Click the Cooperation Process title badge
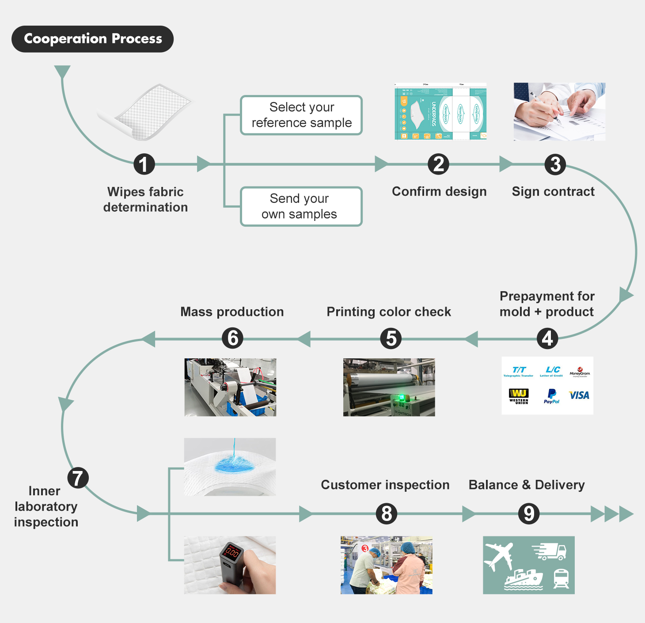pos(92,39)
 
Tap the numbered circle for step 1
pos(144,164)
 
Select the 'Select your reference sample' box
pos(301,115)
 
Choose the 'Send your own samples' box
pos(301,206)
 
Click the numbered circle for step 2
pos(438,164)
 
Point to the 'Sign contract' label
pos(553,191)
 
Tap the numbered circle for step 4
pos(547,339)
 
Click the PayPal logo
pos(551,396)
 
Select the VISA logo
pos(579,395)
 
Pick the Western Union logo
pos(519,396)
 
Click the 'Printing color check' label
pos(389,312)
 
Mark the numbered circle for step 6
pos(232,338)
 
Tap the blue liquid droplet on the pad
pos(233,464)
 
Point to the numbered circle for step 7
pos(78,478)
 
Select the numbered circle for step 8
pos(387,514)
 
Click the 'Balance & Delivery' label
pos(527,485)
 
